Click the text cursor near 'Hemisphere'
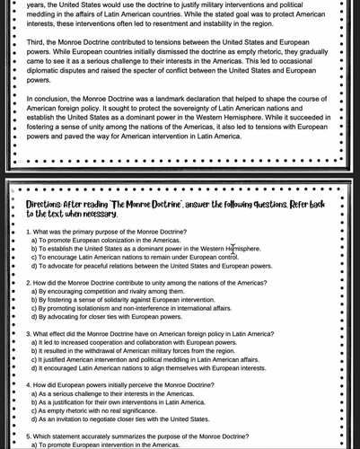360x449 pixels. [233, 248]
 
